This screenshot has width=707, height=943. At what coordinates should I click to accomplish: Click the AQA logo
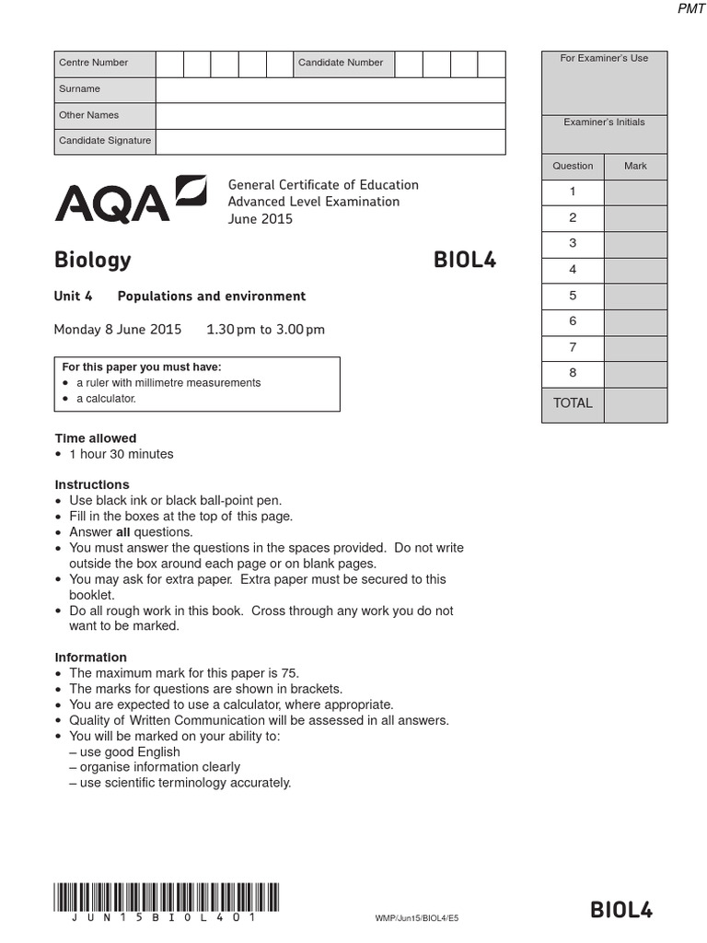(x=130, y=199)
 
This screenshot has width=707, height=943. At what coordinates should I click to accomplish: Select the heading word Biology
(x=92, y=261)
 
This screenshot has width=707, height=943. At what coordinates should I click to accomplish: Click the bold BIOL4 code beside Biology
(x=464, y=261)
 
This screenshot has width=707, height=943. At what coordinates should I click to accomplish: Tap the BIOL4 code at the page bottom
(x=621, y=910)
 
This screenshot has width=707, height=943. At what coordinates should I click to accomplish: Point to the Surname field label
(x=80, y=89)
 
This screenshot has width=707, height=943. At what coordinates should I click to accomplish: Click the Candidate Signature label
(x=104, y=141)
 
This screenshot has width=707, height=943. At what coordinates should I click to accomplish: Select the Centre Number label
(x=93, y=63)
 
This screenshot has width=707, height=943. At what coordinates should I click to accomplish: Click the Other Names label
(x=88, y=115)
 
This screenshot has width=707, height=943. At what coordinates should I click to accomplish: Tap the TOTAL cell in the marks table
(x=573, y=403)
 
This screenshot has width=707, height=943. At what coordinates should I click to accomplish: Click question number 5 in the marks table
(x=573, y=296)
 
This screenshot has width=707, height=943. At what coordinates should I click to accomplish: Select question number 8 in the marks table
(x=573, y=373)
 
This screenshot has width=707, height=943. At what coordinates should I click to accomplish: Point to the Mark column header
(x=635, y=166)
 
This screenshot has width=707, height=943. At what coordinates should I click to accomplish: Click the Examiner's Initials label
(x=604, y=122)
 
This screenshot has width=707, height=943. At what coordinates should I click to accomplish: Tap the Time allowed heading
(x=96, y=438)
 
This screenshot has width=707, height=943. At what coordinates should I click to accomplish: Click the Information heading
(x=90, y=658)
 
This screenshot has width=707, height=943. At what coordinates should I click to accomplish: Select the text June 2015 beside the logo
(x=261, y=219)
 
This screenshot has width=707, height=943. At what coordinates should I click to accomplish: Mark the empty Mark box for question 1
(x=635, y=192)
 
